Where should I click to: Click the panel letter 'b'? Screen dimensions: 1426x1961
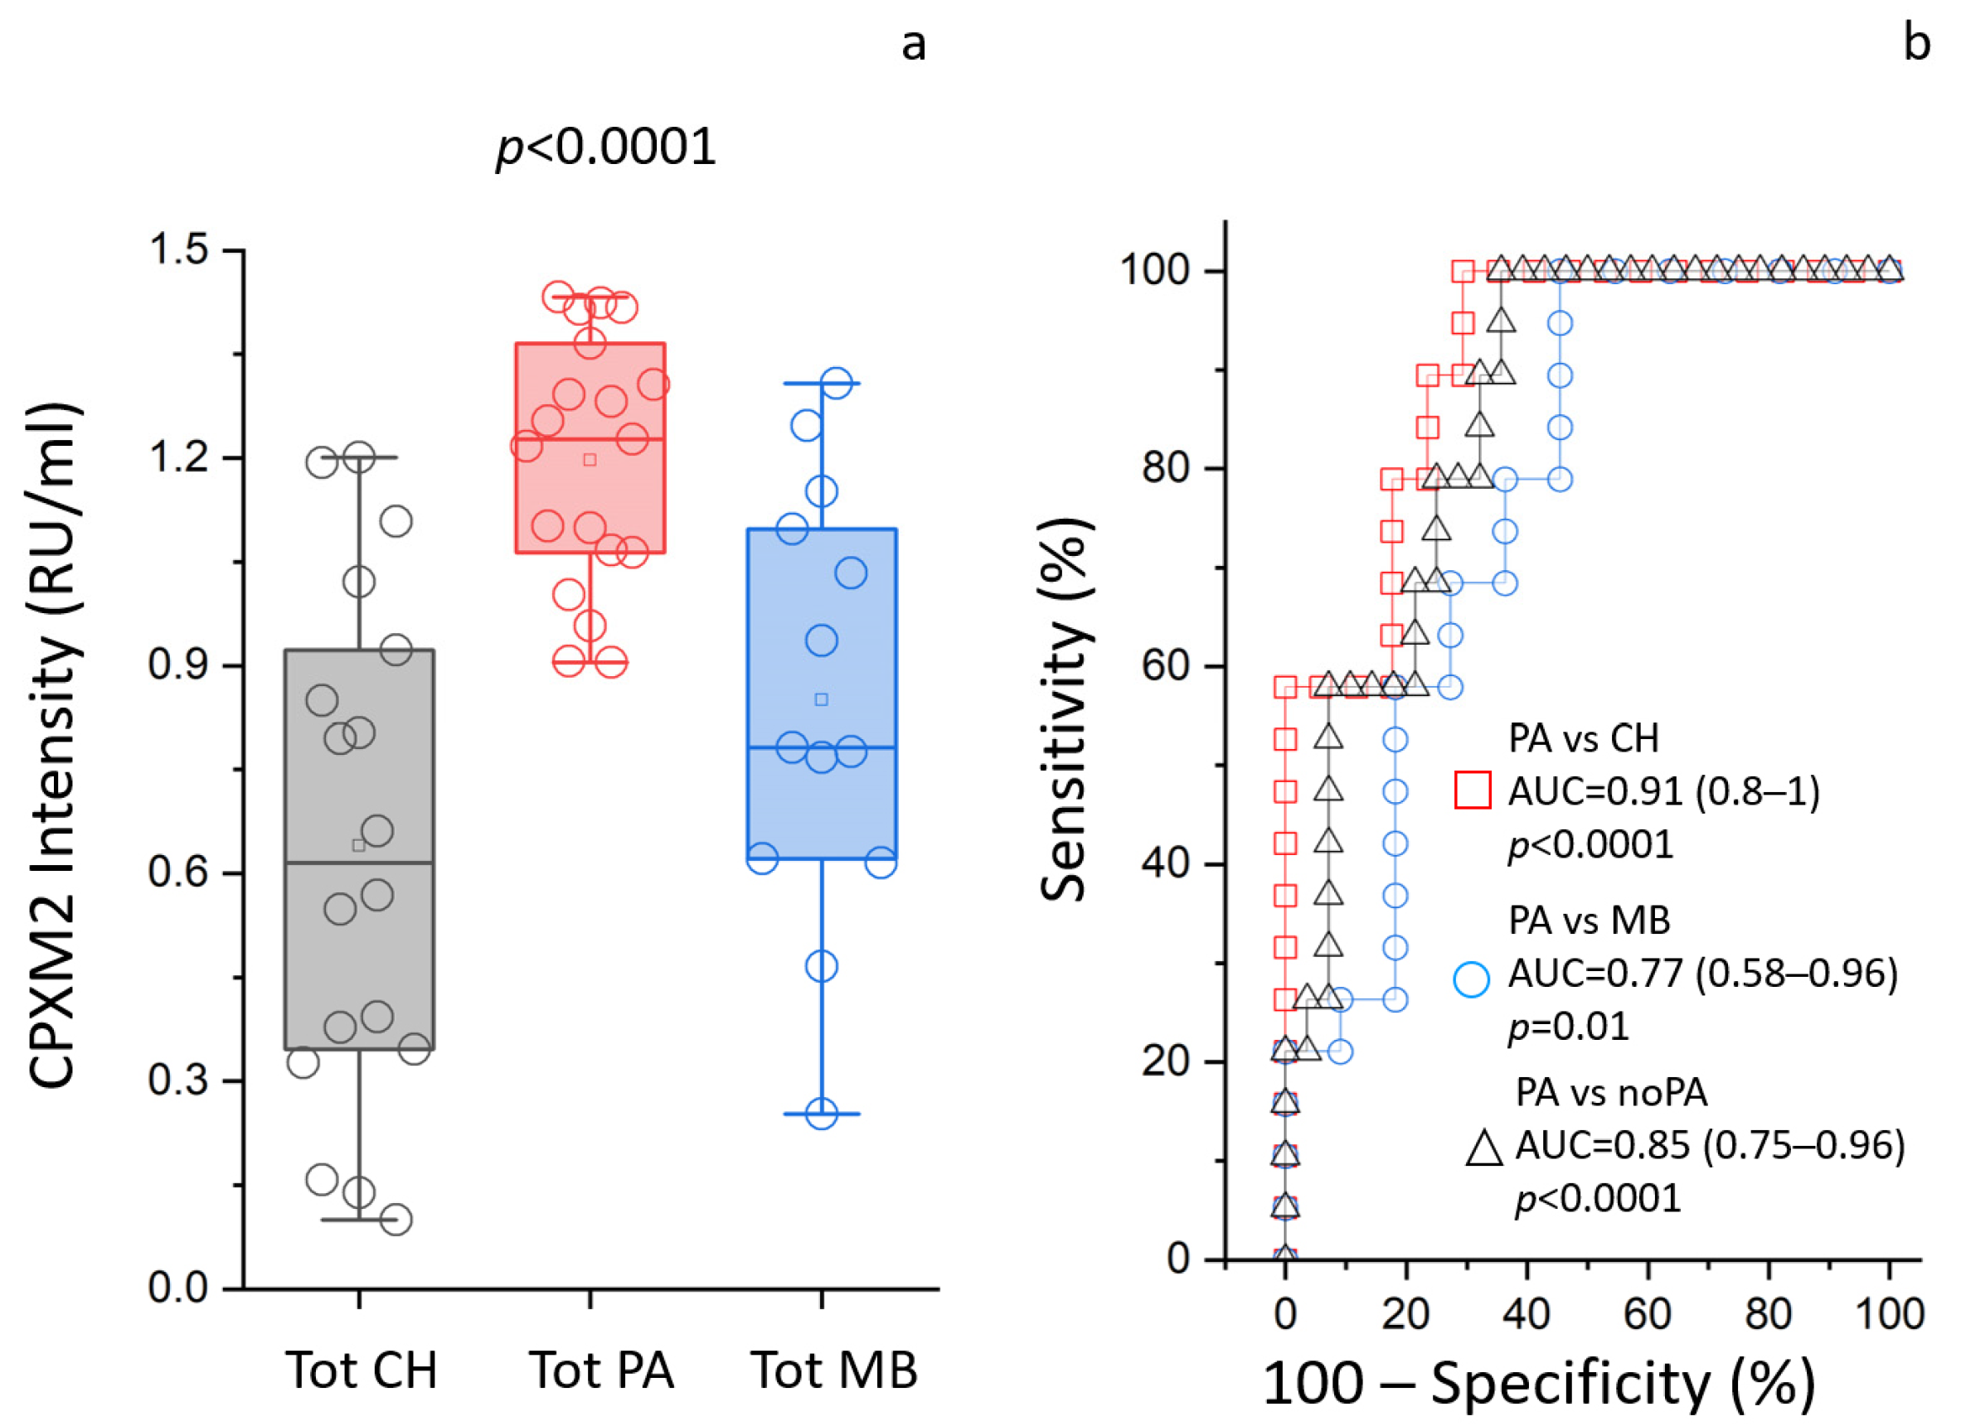tap(1917, 43)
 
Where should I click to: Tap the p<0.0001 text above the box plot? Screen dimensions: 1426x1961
tap(606, 147)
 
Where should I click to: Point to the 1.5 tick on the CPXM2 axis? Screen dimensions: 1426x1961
tap(179, 249)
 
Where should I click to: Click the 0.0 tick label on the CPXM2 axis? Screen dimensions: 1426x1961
tap(179, 1288)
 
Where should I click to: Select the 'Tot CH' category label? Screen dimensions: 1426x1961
tap(362, 1370)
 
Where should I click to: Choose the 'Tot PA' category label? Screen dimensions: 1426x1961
tap(601, 1370)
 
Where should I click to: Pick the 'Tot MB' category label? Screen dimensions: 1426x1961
tap(834, 1370)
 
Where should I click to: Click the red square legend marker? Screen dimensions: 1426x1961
tap(1473, 790)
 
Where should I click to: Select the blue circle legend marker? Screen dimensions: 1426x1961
tap(1472, 980)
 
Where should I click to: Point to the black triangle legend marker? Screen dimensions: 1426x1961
tap(1484, 1148)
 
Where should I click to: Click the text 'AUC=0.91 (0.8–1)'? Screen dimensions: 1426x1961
tap(1664, 790)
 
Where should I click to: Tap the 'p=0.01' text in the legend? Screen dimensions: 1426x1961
tap(1569, 1027)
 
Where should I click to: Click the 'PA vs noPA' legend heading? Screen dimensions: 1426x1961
tap(1612, 1093)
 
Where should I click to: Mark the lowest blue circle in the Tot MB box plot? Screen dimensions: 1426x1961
tap(822, 1114)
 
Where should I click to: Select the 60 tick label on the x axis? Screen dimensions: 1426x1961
tap(1647, 1314)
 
